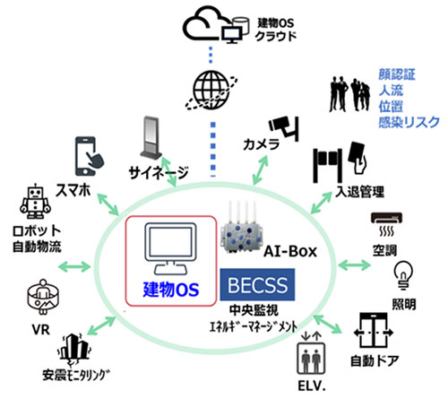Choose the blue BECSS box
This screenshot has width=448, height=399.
coord(259,286)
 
